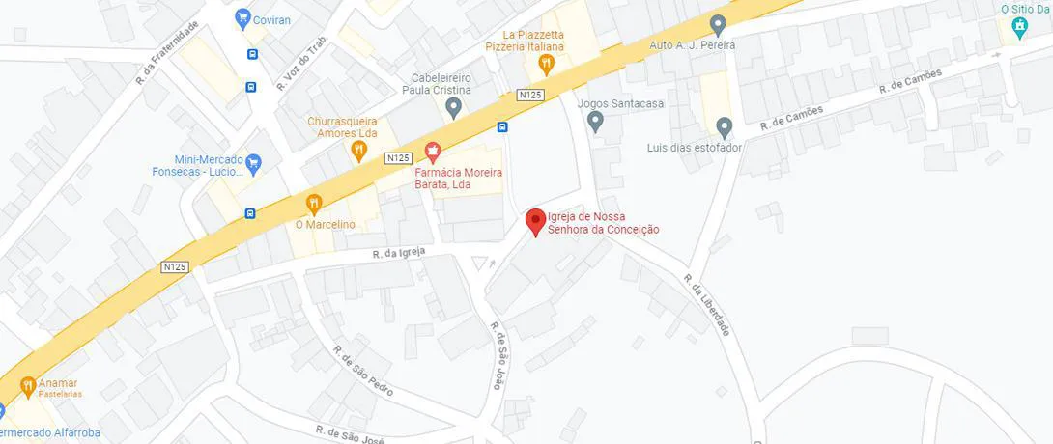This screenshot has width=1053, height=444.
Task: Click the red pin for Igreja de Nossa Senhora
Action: pos(535,221)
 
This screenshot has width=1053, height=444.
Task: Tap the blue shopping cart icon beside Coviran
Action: pos(243,18)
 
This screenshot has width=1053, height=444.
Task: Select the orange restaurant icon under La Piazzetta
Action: pos(546,64)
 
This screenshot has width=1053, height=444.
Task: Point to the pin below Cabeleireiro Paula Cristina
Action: pos(454,105)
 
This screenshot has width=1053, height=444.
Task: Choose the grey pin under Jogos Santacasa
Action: pos(596,122)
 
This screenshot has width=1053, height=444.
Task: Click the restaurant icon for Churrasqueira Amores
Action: pos(359,150)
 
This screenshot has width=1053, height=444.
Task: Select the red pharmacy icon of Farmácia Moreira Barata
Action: pos(433,152)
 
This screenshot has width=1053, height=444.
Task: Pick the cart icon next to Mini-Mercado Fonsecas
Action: pos(254,163)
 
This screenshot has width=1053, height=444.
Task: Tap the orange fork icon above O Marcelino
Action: pos(314,204)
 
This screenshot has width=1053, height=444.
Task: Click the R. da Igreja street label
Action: pos(400,254)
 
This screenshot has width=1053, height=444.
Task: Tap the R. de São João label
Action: pos(497,355)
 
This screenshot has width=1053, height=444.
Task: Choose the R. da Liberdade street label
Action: pos(706,305)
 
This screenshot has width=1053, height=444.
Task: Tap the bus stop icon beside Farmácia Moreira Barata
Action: pos(502,127)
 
